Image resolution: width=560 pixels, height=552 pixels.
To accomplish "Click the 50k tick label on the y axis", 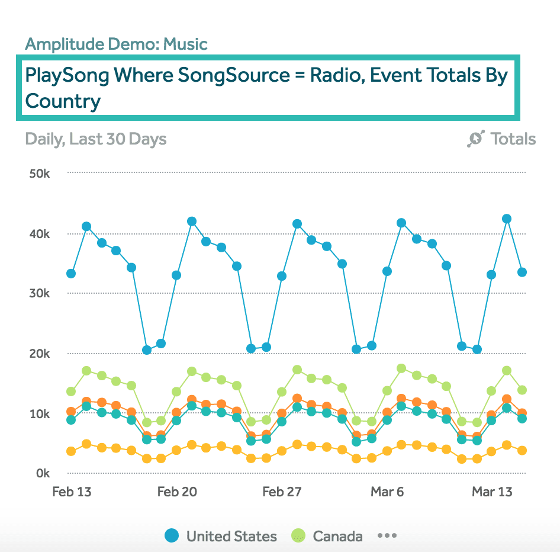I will [38, 174].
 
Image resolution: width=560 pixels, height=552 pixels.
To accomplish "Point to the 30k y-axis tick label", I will [38, 294].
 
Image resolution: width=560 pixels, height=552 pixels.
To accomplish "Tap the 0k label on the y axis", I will [43, 473].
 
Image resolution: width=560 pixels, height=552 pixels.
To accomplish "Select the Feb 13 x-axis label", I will [72, 492].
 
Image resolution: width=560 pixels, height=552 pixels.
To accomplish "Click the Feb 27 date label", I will [282, 492].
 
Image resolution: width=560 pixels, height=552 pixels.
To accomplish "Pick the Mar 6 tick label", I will [387, 492].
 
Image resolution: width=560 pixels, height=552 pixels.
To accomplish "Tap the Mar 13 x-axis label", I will [492, 492].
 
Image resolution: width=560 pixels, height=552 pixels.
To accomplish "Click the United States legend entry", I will [221, 537].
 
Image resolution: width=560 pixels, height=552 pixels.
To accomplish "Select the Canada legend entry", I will [327, 537].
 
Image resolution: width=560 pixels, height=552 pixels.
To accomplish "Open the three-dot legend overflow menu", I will [387, 536].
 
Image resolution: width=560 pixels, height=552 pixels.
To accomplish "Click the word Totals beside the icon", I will [513, 139].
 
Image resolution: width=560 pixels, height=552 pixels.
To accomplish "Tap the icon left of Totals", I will [476, 139].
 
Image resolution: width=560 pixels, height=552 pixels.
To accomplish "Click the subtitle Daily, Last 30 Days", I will [96, 139].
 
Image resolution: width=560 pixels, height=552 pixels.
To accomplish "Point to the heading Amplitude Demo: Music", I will [116, 44].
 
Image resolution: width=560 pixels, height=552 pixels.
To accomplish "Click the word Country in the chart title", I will [63, 101].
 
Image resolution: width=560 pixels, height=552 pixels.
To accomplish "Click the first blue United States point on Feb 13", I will [71, 274].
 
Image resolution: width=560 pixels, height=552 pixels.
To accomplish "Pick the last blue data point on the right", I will [522, 272].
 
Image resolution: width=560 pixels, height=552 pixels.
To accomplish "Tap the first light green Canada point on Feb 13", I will [71, 391].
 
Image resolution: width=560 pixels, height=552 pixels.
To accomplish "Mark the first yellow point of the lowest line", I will [71, 451].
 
